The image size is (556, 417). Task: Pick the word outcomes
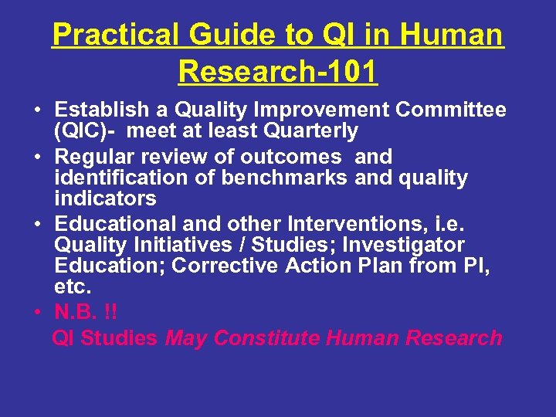click(290, 157)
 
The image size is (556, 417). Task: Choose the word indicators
click(105, 199)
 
